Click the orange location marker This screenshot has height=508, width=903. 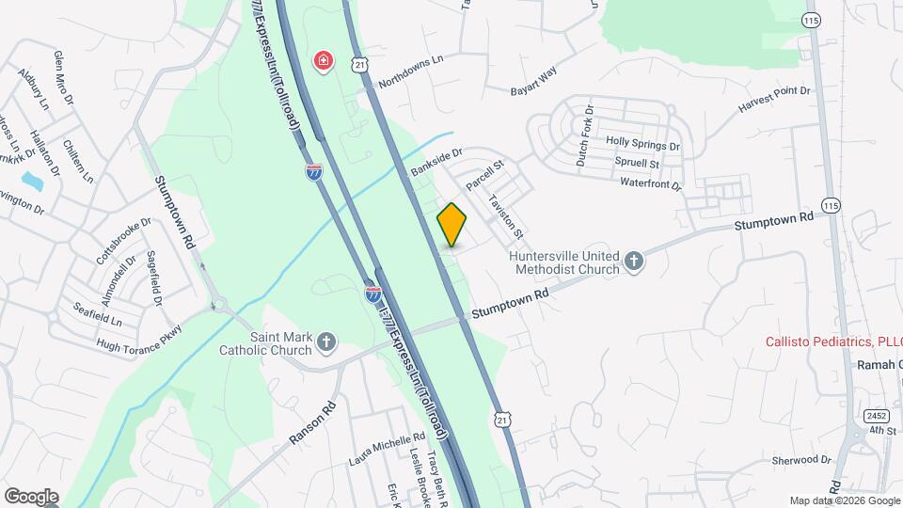pyautogui.click(x=452, y=225)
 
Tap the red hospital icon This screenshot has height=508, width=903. pyautogui.click(x=323, y=62)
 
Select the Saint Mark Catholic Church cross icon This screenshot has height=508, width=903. pyautogui.click(x=326, y=341)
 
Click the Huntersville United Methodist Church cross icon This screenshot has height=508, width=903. pyautogui.click(x=634, y=261)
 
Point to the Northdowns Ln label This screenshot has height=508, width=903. pyautogui.click(x=410, y=71)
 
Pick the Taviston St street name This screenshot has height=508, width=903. pyautogui.click(x=506, y=215)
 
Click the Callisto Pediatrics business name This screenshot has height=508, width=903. pyautogui.click(x=832, y=341)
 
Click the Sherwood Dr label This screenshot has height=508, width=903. pyautogui.click(x=801, y=460)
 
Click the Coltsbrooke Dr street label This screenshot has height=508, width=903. pyautogui.click(x=119, y=242)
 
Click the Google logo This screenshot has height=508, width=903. pyautogui.click(x=31, y=497)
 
